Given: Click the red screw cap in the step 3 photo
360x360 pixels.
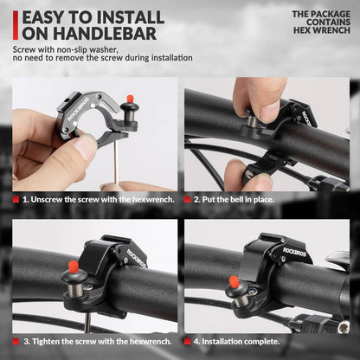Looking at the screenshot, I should [74, 265].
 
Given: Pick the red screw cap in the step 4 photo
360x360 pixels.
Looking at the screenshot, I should [233, 282].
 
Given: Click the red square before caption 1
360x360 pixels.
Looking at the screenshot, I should [16, 199].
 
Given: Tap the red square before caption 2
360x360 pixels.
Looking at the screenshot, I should [196, 199].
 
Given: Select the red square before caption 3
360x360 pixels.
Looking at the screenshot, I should [16, 342].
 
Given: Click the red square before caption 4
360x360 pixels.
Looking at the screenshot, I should [196, 342].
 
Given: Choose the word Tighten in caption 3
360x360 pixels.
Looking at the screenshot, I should [48, 342].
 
